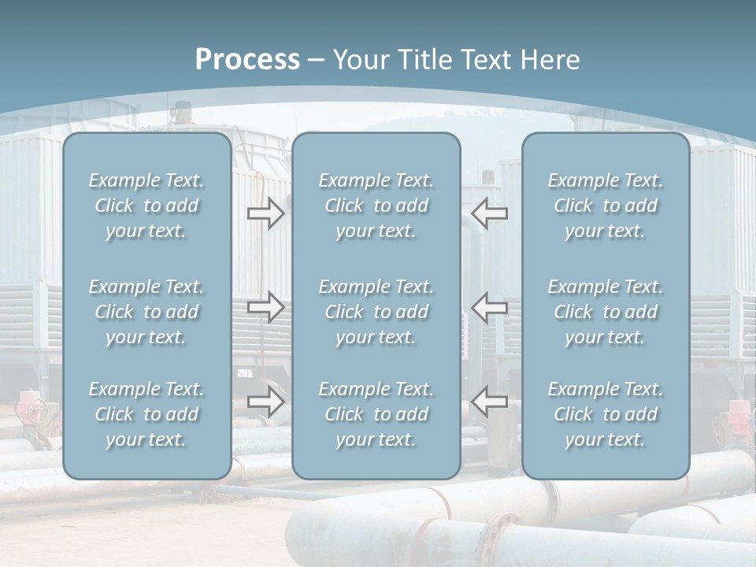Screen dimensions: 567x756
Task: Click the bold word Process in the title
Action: coord(247,60)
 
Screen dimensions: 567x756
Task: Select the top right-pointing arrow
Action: coord(266,213)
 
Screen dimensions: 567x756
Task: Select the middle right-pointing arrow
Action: coord(266,306)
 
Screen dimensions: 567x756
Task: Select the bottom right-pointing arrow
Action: coord(266,402)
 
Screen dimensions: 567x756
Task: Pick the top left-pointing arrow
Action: coord(490,213)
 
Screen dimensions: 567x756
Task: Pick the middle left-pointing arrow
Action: coord(490,306)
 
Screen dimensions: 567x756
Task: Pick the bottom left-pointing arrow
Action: coord(490,402)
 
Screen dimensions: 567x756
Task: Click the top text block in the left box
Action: coord(146,206)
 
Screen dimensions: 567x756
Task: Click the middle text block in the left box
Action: coord(146,312)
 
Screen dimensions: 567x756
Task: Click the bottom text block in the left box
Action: coord(146,414)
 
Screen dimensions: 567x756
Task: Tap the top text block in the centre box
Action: coord(376,206)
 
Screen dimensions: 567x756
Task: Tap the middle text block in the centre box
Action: coord(376,312)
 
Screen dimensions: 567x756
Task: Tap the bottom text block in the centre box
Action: coord(376,414)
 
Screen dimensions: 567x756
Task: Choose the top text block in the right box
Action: coord(605,206)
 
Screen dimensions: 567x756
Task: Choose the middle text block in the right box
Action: coord(605,312)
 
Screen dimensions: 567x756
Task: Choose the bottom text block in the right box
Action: coord(605,414)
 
